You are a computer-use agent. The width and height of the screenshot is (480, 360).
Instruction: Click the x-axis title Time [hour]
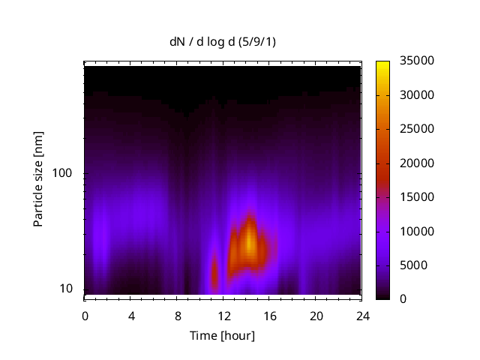click(x=221, y=335)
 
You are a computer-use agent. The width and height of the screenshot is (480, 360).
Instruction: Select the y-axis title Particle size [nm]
click(x=38, y=186)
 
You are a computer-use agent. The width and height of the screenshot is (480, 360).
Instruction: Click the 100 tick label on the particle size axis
click(x=62, y=173)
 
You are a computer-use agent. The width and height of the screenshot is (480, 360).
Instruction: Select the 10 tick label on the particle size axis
click(x=65, y=289)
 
